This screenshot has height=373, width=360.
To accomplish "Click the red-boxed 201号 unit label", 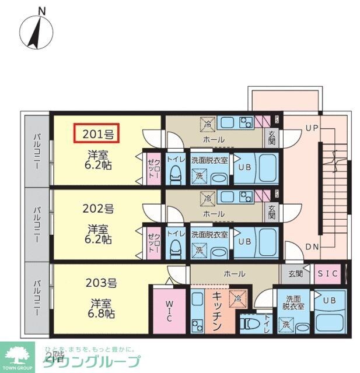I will [97, 134].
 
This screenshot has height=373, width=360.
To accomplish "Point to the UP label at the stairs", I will [312, 127].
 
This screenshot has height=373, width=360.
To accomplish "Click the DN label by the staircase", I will [312, 247].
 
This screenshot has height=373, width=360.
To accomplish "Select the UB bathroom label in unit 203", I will [330, 301].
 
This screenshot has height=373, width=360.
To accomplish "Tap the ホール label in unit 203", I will [234, 272].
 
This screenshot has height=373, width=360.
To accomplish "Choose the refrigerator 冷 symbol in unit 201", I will [207, 124].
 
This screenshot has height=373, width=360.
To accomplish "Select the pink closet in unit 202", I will [153, 241].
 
